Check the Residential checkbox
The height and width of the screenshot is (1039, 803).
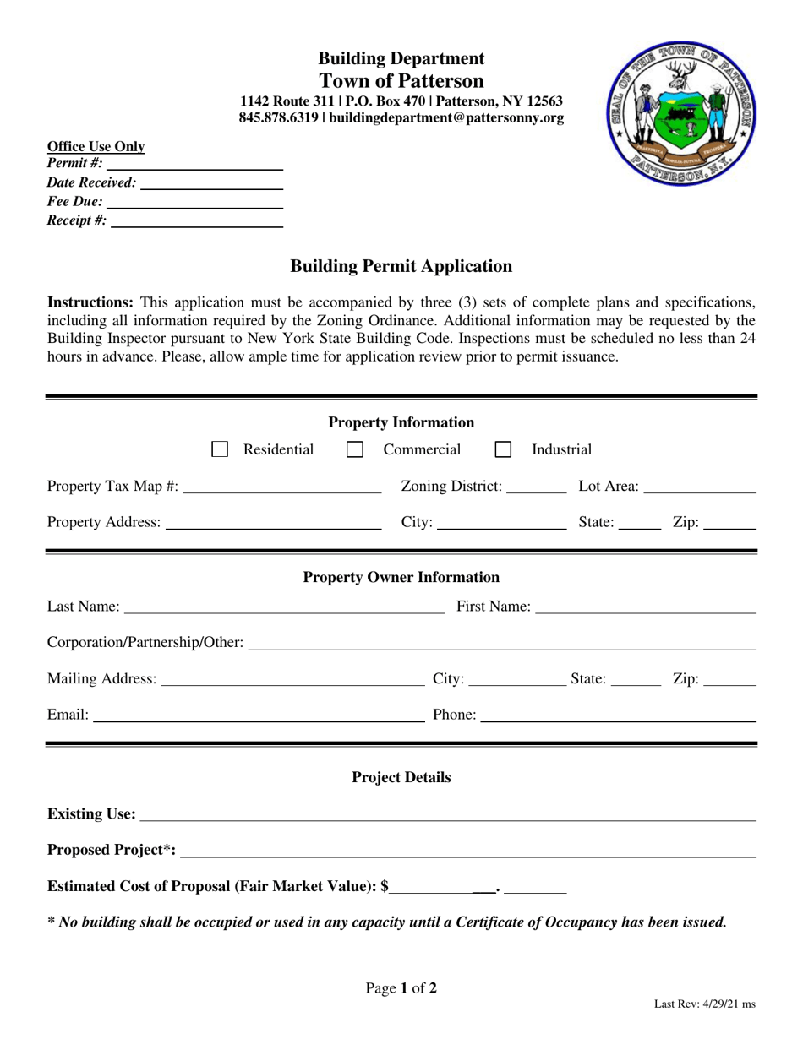[220, 449]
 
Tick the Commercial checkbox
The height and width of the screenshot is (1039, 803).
[355, 449]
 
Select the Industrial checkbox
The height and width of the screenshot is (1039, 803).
[503, 449]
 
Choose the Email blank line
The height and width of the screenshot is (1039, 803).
[259, 716]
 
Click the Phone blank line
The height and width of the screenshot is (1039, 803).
[617, 716]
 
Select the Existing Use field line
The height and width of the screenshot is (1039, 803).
[448, 814]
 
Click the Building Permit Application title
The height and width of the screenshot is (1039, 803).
[401, 266]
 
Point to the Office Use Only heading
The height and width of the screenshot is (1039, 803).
[96, 147]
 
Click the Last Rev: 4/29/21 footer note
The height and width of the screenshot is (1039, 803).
[704, 1004]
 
